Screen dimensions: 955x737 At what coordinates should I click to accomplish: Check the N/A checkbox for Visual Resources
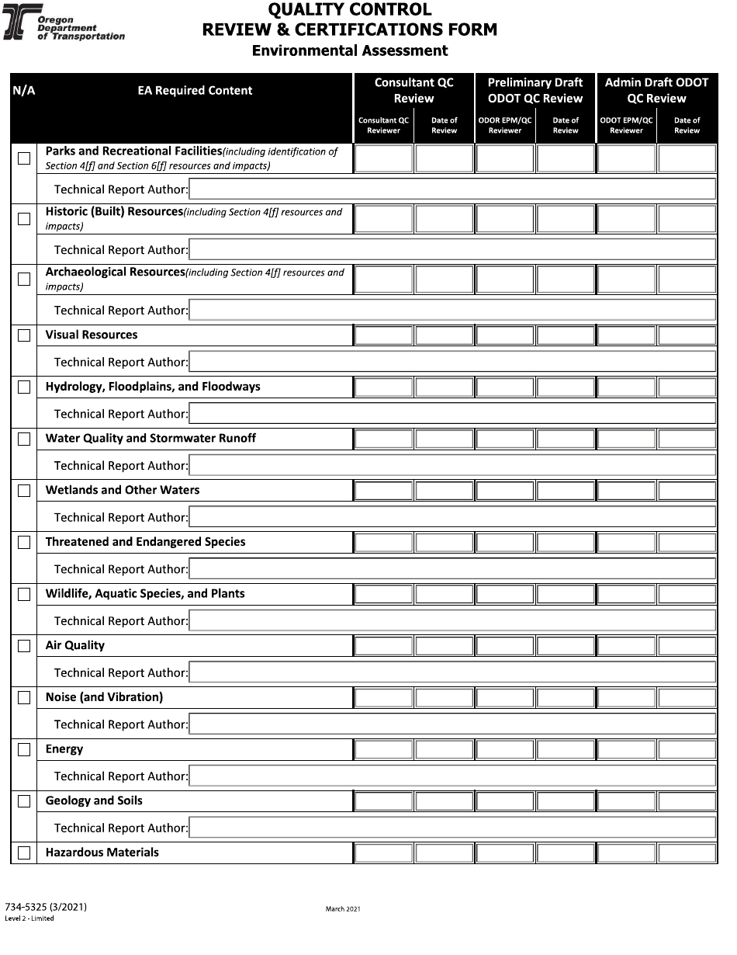(x=24, y=335)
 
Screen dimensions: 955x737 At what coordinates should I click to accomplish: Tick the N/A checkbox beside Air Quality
(x=24, y=646)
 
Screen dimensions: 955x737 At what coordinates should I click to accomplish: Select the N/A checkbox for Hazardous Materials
(x=24, y=853)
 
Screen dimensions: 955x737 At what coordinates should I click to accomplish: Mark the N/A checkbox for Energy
(x=24, y=750)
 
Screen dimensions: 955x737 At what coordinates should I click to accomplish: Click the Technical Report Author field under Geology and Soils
(x=452, y=828)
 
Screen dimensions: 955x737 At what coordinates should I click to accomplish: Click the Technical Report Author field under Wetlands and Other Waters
(x=452, y=517)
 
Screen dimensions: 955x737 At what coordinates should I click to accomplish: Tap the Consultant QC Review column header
(x=413, y=90)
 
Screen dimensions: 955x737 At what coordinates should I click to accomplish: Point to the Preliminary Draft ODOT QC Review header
(x=535, y=90)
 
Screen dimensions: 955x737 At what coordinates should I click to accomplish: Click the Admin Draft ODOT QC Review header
(x=656, y=90)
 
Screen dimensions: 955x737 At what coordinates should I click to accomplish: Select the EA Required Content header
(x=195, y=91)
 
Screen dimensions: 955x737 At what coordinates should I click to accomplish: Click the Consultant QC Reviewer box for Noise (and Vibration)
(x=383, y=697)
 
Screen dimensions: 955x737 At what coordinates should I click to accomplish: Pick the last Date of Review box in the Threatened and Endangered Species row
(x=687, y=542)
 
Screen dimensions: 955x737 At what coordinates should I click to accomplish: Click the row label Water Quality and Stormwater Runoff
(x=151, y=439)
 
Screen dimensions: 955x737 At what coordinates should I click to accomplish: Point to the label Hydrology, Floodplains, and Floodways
(x=153, y=387)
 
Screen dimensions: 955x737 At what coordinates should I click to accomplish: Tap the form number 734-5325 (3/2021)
(x=46, y=907)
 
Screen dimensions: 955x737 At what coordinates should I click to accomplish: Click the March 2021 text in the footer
(x=343, y=909)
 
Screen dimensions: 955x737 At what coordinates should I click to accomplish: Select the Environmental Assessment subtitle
(x=350, y=50)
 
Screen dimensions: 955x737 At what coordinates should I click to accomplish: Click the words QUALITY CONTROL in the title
(x=350, y=10)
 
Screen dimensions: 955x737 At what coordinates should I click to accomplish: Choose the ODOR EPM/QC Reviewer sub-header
(x=505, y=125)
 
